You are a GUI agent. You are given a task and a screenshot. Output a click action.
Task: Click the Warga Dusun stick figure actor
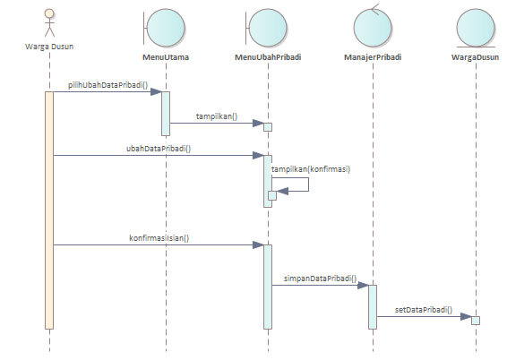49,22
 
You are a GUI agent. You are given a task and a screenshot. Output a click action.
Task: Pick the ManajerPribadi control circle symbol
373,27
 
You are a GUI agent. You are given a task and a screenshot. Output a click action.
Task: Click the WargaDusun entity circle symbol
476,28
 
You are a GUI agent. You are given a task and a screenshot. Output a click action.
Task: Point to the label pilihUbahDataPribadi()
107,85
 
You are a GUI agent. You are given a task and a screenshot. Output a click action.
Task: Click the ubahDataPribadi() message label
159,149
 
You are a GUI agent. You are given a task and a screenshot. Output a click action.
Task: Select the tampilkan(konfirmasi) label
311,169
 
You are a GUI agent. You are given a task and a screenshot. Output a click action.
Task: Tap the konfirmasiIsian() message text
159,238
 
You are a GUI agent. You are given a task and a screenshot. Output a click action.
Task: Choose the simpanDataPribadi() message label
320,279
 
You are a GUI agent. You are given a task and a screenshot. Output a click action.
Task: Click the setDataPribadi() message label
424,310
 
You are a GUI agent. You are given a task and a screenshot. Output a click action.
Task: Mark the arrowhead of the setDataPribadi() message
466,316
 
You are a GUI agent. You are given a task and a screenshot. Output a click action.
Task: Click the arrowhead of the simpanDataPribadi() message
363,285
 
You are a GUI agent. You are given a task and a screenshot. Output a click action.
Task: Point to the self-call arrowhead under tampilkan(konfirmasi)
282,191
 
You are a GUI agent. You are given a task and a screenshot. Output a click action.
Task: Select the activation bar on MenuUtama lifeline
166,114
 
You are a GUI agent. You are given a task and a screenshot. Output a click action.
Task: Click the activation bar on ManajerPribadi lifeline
373,307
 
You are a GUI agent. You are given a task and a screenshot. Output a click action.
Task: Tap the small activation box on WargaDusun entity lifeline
476,321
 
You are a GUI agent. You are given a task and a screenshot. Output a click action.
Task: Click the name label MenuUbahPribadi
268,57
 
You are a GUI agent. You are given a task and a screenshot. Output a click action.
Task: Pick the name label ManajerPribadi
373,57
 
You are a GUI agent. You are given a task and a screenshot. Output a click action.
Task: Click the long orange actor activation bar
49,210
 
